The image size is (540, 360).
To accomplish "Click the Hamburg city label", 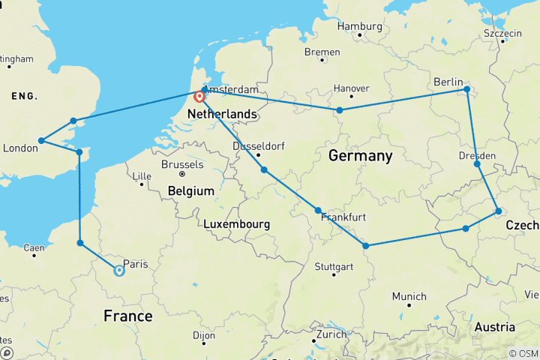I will [359, 26].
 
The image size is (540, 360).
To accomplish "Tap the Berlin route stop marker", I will [466, 89].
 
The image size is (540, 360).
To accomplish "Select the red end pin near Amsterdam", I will [199, 97].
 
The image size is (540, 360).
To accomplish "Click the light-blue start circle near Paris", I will [118, 271].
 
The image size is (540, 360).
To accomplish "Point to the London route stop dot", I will [41, 140].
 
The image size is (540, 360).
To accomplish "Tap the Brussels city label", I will [182, 164].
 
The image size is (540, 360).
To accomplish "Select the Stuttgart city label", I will [334, 267].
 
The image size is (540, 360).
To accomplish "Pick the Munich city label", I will [409, 296].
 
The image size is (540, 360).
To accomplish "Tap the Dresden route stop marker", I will [478, 163].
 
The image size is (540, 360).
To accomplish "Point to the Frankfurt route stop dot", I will [318, 211].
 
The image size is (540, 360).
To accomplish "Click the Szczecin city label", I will [502, 34].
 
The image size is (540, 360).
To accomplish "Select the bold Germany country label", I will [360, 156].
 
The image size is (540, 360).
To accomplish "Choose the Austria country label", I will [494, 327].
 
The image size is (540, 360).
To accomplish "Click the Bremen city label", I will [322, 52].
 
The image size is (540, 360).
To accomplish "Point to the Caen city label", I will [35, 247].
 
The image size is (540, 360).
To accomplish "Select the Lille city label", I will [141, 177].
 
